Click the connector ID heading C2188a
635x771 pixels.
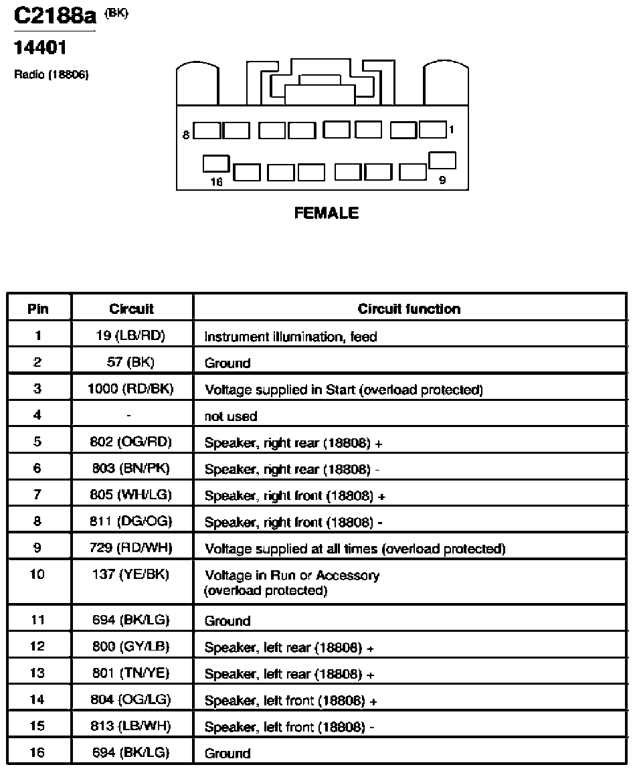pyautogui.click(x=55, y=16)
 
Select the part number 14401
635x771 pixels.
pyautogui.click(x=39, y=48)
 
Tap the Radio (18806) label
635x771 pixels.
pyautogui.click(x=51, y=75)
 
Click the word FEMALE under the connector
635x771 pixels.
pyautogui.click(x=327, y=213)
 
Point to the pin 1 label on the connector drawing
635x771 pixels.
pyautogui.click(x=451, y=129)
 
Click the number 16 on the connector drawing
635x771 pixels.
pyautogui.click(x=216, y=182)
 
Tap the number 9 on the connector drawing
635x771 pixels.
pyautogui.click(x=442, y=181)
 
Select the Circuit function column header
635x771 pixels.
pyautogui.click(x=409, y=309)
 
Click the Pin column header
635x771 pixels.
pyautogui.click(x=38, y=309)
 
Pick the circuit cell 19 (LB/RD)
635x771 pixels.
pyautogui.click(x=130, y=336)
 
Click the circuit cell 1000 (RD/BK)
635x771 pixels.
pyautogui.click(x=130, y=389)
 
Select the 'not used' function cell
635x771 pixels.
pyautogui.click(x=230, y=416)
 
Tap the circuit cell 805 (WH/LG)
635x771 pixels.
pyautogui.click(x=130, y=495)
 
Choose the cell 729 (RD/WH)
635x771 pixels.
pyautogui.click(x=130, y=547)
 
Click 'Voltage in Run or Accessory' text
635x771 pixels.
pyautogui.click(x=292, y=576)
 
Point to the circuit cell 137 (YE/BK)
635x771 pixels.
pyautogui.click(x=130, y=574)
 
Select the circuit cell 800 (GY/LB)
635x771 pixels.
pyautogui.click(x=130, y=646)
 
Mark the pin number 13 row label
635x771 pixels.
pyautogui.click(x=37, y=673)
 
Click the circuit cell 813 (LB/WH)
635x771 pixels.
pyautogui.click(x=130, y=725)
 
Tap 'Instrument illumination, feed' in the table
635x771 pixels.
pyautogui.click(x=290, y=337)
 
